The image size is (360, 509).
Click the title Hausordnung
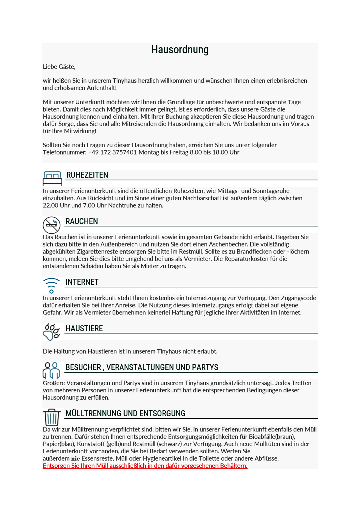click(x=180, y=50)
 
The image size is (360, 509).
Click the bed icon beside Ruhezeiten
click(x=52, y=178)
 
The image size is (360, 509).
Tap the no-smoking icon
click(x=51, y=225)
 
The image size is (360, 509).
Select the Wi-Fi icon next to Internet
click(x=51, y=285)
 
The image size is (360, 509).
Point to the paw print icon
click(x=51, y=332)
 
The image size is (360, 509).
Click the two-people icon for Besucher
click(x=51, y=370)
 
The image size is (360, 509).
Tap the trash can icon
click(x=52, y=417)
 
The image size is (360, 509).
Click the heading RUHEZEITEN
click(x=87, y=175)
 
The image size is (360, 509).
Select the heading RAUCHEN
click(x=82, y=221)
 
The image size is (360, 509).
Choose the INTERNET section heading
click(x=82, y=282)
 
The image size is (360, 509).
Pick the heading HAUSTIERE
click(x=84, y=328)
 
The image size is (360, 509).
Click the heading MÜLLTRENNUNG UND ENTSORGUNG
click(x=125, y=413)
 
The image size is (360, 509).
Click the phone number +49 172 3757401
click(x=112, y=152)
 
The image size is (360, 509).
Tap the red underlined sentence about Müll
click(x=145, y=466)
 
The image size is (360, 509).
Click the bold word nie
click(x=75, y=459)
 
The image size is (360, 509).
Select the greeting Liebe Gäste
click(x=59, y=67)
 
